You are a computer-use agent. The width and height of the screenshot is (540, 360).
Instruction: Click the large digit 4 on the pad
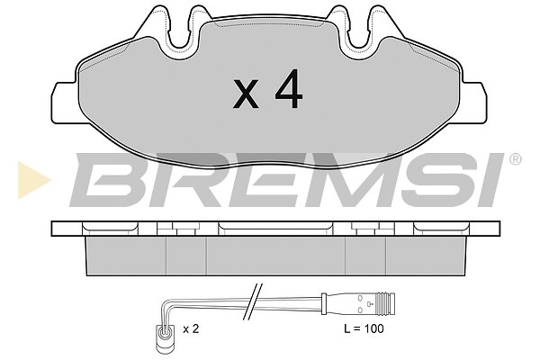[289, 89]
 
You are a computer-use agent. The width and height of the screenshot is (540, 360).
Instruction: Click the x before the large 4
[246, 94]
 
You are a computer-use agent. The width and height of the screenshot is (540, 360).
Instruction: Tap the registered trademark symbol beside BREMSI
[515, 159]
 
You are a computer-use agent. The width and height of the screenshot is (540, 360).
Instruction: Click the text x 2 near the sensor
[191, 329]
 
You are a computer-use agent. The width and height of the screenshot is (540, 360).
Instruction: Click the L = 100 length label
[364, 328]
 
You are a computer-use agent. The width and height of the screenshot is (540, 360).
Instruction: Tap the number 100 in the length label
[373, 328]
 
